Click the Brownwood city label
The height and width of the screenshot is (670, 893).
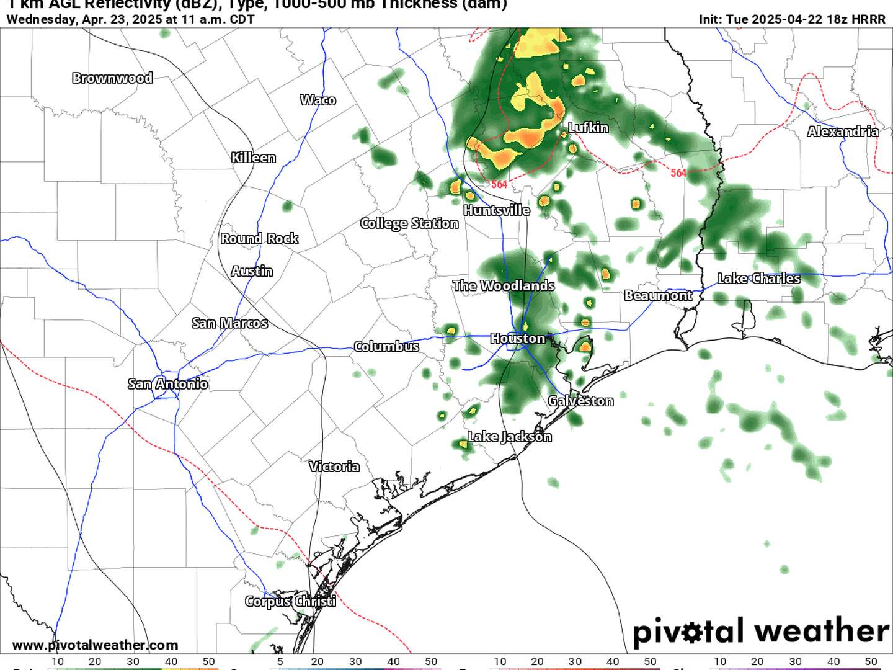[112, 78]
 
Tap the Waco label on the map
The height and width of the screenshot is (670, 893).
[318, 100]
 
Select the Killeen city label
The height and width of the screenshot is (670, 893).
[253, 158]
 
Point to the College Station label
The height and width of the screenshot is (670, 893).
[409, 223]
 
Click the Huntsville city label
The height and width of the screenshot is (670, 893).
[496, 210]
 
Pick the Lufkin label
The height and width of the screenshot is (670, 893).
[589, 128]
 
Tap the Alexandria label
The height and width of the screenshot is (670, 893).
[843, 132]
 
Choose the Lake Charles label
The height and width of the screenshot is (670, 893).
[758, 279]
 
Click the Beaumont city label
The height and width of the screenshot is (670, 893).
[658, 295]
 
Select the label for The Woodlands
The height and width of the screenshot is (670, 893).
[503, 286]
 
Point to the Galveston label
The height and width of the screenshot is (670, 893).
[580, 401]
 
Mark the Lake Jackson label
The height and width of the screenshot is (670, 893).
[509, 437]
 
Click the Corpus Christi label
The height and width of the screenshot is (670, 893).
[290, 601]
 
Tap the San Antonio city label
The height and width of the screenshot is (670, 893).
[167, 384]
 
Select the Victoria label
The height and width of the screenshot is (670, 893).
[334, 467]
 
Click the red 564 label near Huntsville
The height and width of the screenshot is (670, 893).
[499, 184]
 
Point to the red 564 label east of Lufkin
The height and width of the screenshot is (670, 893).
[678, 173]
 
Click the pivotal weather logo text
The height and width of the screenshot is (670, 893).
[760, 632]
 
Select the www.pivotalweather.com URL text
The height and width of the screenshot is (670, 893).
[95, 645]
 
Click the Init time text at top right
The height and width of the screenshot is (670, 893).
[792, 19]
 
